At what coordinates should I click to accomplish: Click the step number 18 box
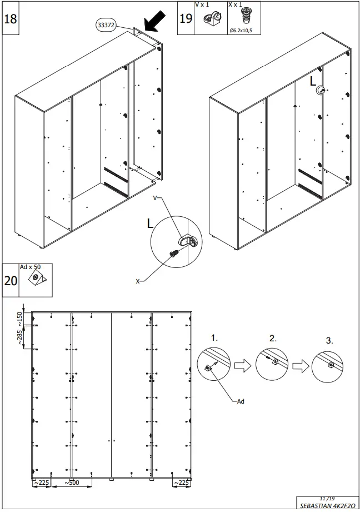[x=11, y=18]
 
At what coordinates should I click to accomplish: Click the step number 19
[x=186, y=18]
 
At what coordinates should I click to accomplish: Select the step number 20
[x=11, y=280]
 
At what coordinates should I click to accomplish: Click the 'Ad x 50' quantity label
[x=31, y=267]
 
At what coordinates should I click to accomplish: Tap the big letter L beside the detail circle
[x=150, y=224]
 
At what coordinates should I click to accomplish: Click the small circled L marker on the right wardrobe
[x=321, y=91]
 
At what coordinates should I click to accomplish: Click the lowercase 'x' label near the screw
[x=138, y=281]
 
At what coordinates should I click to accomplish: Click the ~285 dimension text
[x=21, y=337]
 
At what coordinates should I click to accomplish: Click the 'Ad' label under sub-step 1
[x=241, y=401]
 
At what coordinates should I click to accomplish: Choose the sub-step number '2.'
[x=273, y=337]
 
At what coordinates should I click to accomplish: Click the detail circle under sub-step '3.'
[x=329, y=366]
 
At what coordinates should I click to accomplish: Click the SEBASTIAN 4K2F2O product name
[x=326, y=506]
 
